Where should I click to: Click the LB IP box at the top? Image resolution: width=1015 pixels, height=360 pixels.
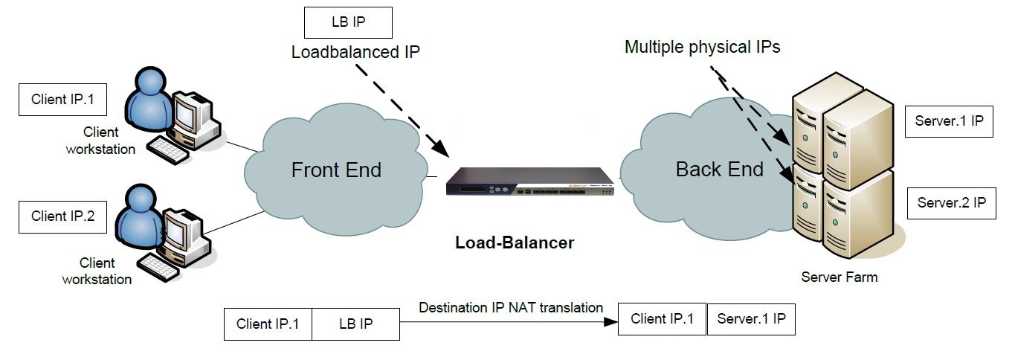pos(348,22)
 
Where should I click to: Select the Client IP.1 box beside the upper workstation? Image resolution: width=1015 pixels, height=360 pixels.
pos(63,99)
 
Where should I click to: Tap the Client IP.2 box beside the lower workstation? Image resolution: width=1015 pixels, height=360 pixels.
pos(63,216)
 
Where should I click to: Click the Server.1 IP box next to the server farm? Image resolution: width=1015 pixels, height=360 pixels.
pos(949,120)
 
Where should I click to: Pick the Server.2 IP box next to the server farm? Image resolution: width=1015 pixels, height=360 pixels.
pos(951,202)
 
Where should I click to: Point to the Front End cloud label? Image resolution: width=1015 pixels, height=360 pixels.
pos(336,170)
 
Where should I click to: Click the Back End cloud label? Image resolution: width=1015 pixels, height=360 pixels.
pos(719,170)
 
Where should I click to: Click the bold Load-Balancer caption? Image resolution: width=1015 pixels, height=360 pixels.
pos(515,242)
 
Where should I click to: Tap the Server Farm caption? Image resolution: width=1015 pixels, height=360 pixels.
pos(839,277)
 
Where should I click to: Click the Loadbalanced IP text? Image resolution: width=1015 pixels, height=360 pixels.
pos(355,53)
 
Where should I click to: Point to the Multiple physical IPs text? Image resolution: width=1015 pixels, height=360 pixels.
pos(702,48)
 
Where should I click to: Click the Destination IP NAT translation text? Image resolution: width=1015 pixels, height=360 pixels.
pos(511,307)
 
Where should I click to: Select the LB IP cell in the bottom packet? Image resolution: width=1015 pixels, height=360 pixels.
pos(355,324)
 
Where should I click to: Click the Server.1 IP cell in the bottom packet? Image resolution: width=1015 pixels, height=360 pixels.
pos(751,319)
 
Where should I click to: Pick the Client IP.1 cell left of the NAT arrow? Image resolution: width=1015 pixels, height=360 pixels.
pos(268,324)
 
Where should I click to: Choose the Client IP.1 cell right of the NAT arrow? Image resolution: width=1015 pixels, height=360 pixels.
pos(662,319)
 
